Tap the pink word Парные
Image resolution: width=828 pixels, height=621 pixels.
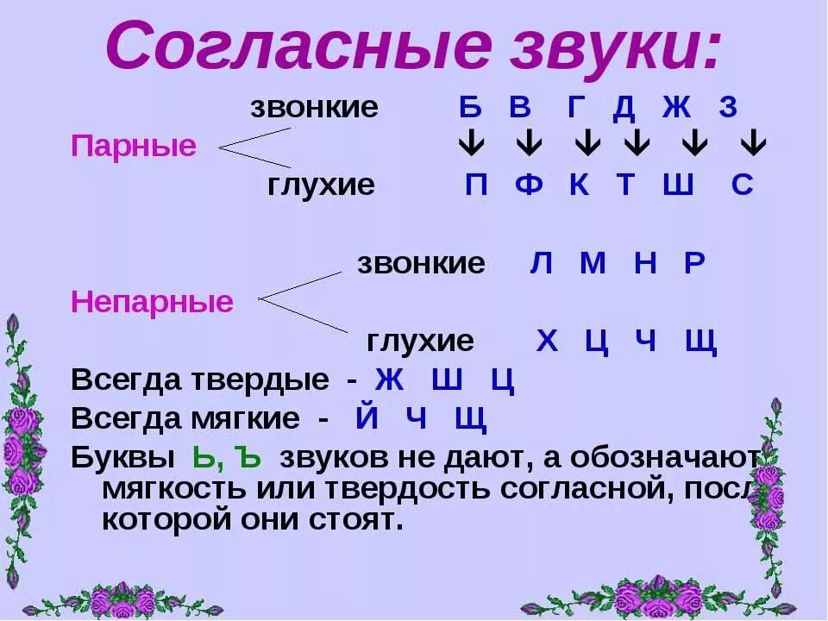(x=134, y=146)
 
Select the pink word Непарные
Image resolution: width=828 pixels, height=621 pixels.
(x=152, y=302)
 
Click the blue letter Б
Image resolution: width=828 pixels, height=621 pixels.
(x=469, y=108)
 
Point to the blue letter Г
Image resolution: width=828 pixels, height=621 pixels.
(x=577, y=108)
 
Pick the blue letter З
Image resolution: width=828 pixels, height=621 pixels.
(x=729, y=108)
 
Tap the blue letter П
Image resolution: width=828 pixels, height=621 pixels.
(x=475, y=185)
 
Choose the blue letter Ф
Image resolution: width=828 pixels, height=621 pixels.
(x=528, y=185)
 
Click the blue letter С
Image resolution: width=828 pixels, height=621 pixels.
(x=743, y=185)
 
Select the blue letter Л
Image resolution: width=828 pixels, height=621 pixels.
(x=541, y=263)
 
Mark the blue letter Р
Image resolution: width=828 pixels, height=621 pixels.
(x=695, y=263)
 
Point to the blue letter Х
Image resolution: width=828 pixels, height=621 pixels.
(x=547, y=342)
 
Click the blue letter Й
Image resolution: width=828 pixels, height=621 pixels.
(x=367, y=418)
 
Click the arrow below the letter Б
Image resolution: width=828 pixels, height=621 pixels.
(x=470, y=144)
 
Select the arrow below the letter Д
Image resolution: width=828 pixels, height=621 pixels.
(x=637, y=144)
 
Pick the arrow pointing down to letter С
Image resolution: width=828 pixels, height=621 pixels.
(x=753, y=144)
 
